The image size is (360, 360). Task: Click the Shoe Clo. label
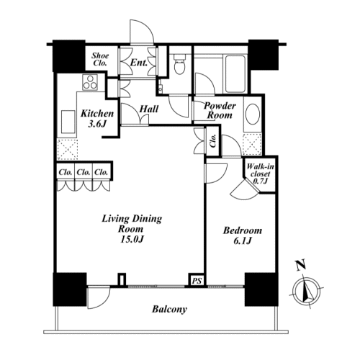(100, 59)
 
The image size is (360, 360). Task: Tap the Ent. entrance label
(139, 63)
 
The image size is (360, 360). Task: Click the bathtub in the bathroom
(235, 73)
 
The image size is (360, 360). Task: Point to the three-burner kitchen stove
(90, 82)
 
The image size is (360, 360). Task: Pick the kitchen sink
(68, 122)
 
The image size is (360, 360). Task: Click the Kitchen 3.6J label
(97, 119)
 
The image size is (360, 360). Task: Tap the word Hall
(149, 109)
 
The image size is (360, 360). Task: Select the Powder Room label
(220, 110)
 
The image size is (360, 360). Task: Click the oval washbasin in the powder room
(253, 114)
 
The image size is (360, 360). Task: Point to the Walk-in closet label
(260, 174)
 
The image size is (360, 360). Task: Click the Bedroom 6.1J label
(243, 235)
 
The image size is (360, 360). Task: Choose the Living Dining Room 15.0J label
(132, 229)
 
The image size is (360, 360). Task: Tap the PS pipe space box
(197, 280)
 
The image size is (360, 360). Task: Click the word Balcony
(169, 309)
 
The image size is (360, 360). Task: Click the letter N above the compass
(301, 265)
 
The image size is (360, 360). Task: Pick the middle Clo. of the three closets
(84, 172)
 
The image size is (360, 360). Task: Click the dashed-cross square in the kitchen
(68, 150)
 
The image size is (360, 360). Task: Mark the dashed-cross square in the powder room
(252, 145)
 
